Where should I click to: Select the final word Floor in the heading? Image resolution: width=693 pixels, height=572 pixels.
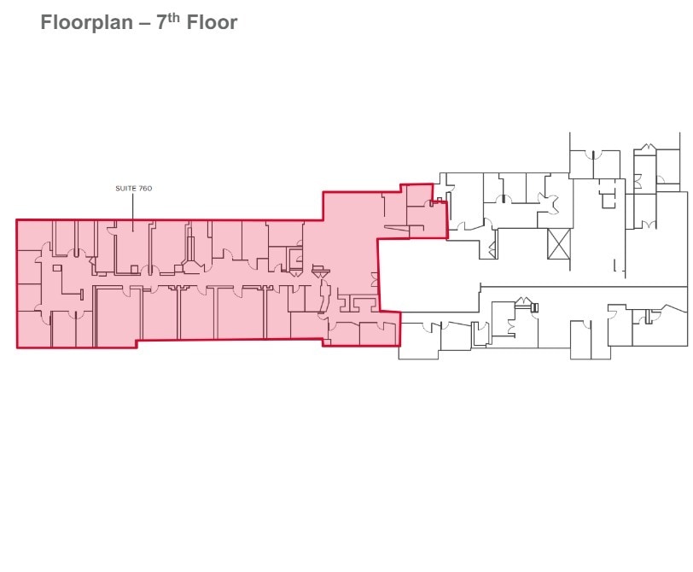(213, 22)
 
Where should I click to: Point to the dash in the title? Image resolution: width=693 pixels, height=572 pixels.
(144, 23)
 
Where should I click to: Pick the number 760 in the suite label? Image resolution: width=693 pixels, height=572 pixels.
(143, 188)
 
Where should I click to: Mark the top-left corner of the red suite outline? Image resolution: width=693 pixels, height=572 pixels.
(17, 220)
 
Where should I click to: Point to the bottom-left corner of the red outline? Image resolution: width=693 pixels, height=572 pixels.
(17, 347)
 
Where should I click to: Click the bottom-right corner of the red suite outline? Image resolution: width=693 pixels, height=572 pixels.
(399, 346)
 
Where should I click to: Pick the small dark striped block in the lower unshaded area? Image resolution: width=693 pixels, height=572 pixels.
(534, 306)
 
